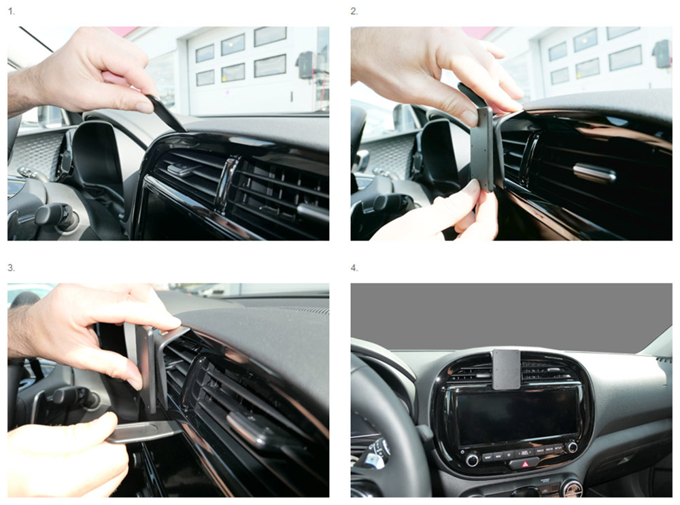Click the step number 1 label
[x=12, y=12]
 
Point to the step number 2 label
[x=354, y=12]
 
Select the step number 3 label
[x=12, y=268]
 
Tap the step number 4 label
[x=354, y=268]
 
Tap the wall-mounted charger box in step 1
[x=306, y=65]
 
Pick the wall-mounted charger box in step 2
[x=662, y=54]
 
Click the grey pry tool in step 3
[x=143, y=432]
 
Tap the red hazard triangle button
[x=526, y=464]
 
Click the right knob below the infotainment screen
[x=571, y=447]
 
